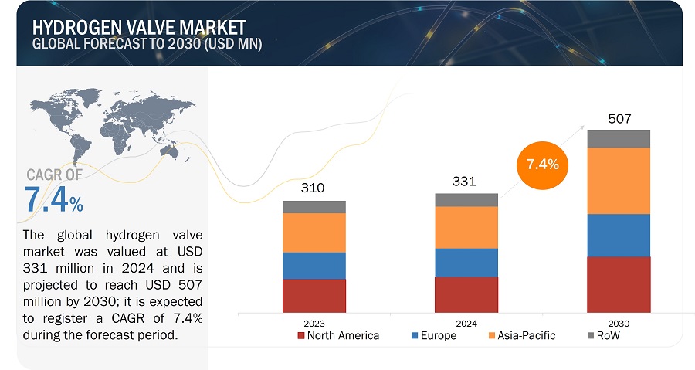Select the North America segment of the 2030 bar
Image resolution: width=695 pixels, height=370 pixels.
pyautogui.click(x=619, y=283)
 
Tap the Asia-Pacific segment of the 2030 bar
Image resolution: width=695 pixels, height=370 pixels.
pyautogui.click(x=619, y=181)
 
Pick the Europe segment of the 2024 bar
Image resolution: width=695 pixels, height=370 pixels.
pyautogui.click(x=466, y=263)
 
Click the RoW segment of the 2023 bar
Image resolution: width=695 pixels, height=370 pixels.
pyautogui.click(x=314, y=207)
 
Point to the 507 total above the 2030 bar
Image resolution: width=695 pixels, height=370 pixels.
pyautogui.click(x=619, y=120)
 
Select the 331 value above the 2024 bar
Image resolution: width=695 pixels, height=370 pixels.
pyautogui.click(x=465, y=182)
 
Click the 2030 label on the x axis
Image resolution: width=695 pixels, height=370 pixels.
pyautogui.click(x=619, y=323)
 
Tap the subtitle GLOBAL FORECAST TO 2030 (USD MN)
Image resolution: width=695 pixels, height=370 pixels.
pyautogui.click(x=147, y=44)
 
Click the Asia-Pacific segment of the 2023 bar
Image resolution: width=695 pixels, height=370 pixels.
pyautogui.click(x=314, y=233)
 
